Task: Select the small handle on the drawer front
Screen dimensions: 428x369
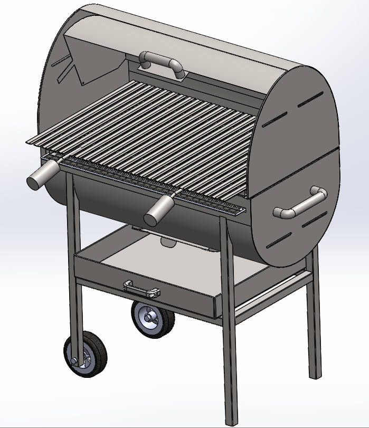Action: [141, 288]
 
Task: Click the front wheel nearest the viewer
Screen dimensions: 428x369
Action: [86, 356]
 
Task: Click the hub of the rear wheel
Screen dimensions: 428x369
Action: [152, 319]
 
